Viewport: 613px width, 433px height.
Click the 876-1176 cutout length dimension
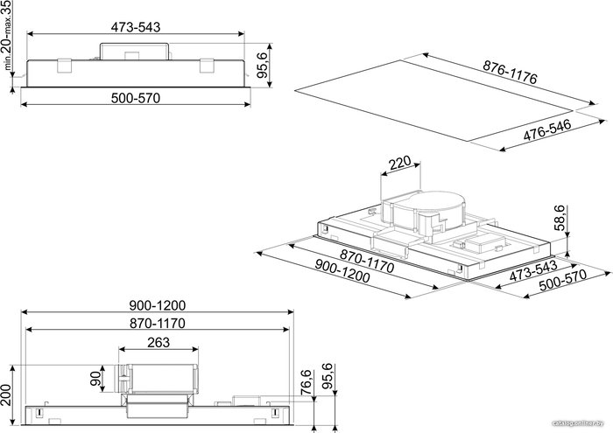click(510, 72)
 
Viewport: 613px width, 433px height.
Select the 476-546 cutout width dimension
click(547, 129)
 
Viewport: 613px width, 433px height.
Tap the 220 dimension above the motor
click(400, 163)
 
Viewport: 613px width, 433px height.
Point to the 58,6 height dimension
click(560, 218)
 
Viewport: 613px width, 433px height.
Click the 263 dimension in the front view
click(159, 342)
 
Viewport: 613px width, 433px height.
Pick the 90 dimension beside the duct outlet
click(95, 379)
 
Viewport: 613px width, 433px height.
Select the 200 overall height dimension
click(5, 395)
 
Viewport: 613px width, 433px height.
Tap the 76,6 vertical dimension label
click(306, 383)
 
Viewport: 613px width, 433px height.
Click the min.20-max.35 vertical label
click(7, 35)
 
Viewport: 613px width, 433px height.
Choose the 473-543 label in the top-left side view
click(136, 27)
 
